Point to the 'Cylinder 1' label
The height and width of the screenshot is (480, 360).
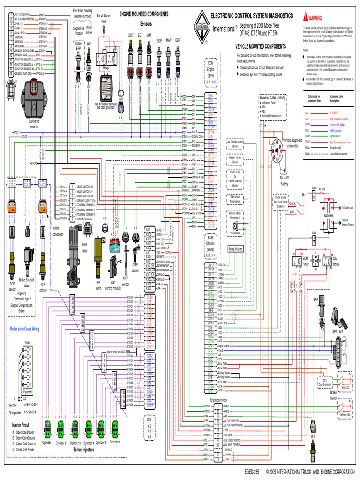click(x=47, y=442)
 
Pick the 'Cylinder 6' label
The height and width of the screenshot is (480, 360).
click(x=115, y=442)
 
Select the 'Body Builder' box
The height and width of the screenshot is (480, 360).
click(x=235, y=249)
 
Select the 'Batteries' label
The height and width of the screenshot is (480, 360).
click(x=329, y=215)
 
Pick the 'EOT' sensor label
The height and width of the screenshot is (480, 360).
click(x=130, y=36)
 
